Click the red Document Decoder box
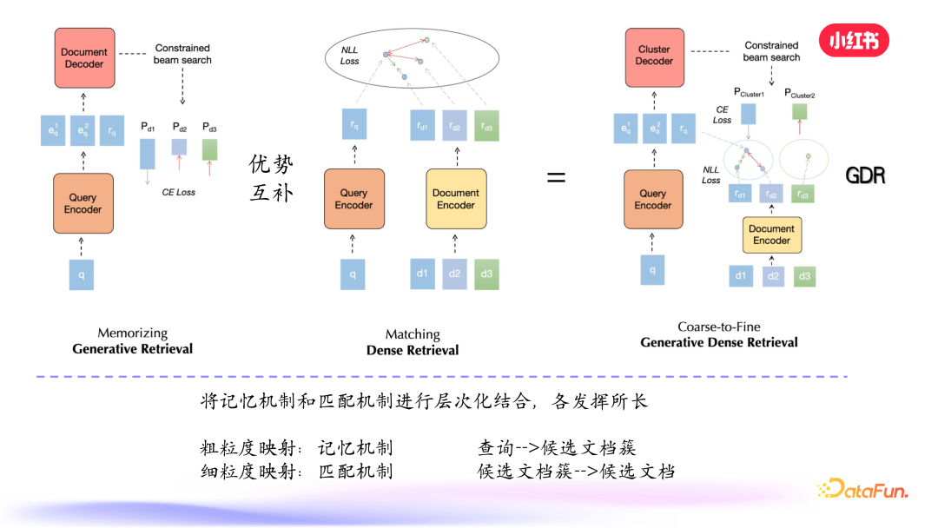coord(84,58)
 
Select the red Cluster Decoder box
coord(653,56)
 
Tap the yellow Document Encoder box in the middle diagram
coord(455,199)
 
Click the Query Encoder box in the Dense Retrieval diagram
coord(353,199)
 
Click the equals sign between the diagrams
coord(556,177)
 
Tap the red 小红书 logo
coord(854,40)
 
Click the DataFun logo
coord(862,491)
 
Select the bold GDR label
coord(865,176)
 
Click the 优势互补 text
coord(271,178)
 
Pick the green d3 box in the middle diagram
coord(487,274)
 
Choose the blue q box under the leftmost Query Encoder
coord(82,274)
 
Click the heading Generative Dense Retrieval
coord(718,342)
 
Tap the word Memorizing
coord(132,333)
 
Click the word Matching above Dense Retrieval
coord(413,334)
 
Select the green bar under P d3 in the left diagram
coord(209,149)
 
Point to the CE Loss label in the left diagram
coord(179,192)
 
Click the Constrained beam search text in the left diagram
coord(182,54)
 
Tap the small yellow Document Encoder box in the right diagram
coord(771,234)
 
